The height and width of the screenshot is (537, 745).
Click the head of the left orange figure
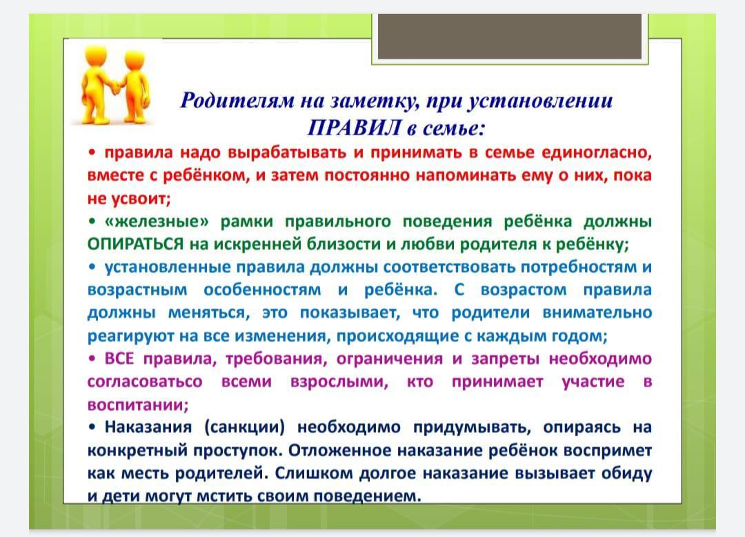[x=97, y=57]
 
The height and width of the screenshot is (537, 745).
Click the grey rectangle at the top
[x=509, y=37]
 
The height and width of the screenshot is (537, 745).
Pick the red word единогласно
[x=596, y=153]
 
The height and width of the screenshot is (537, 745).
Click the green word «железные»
[x=157, y=222]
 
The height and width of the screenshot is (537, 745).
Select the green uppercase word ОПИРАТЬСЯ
[x=135, y=244]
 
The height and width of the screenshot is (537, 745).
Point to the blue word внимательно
[x=597, y=313]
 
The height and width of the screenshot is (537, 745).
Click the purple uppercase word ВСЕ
[x=119, y=358]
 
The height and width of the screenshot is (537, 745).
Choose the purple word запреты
[x=505, y=360]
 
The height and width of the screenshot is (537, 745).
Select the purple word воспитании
[x=138, y=405]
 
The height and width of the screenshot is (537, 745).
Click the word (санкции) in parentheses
[x=244, y=428]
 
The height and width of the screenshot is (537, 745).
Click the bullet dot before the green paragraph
[x=92, y=222]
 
